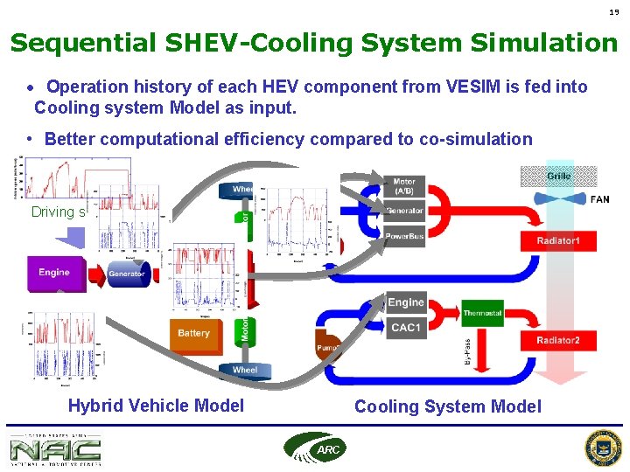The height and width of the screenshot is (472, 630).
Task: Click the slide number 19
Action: point(614,11)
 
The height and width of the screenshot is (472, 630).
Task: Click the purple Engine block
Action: point(53,273)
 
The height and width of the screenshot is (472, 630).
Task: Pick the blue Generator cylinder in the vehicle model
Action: point(127,274)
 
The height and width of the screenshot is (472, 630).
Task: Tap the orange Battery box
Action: point(193,333)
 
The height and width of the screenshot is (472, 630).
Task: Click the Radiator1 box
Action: point(558,239)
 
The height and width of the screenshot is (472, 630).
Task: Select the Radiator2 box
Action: point(558,340)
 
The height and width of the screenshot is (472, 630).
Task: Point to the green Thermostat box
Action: point(482,313)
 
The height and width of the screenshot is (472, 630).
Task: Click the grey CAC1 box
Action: point(405,327)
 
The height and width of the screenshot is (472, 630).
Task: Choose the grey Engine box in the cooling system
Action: point(405,302)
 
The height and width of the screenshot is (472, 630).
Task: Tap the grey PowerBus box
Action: point(404,234)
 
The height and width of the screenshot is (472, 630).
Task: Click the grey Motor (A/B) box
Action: point(404,187)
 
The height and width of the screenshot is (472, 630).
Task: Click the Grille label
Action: point(559,176)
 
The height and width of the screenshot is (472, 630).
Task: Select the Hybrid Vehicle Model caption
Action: point(156,406)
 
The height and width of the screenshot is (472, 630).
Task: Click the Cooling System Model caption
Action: point(447,406)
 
